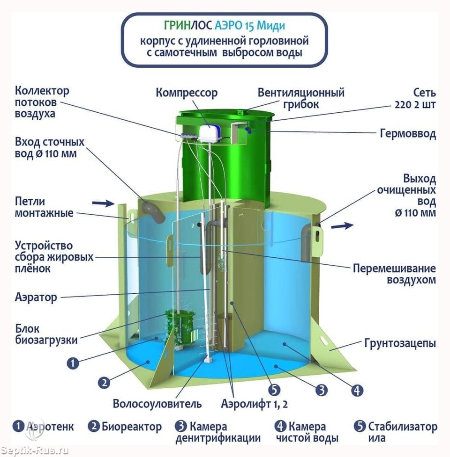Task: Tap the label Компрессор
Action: [187, 93]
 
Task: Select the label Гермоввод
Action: [408, 133]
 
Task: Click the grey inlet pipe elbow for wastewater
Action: [154, 213]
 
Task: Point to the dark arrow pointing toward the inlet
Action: [103, 203]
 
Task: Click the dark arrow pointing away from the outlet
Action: [342, 225]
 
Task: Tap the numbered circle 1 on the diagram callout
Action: [73, 363]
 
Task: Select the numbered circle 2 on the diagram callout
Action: [104, 382]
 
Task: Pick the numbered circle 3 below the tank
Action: [322, 390]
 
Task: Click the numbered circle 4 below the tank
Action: [357, 391]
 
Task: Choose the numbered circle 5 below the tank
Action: [274, 390]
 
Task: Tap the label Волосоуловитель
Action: [157, 404]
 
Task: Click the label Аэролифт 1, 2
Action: [254, 404]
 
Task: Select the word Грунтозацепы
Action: [400, 343]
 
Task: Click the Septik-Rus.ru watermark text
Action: [35, 450]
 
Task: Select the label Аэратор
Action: [36, 297]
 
